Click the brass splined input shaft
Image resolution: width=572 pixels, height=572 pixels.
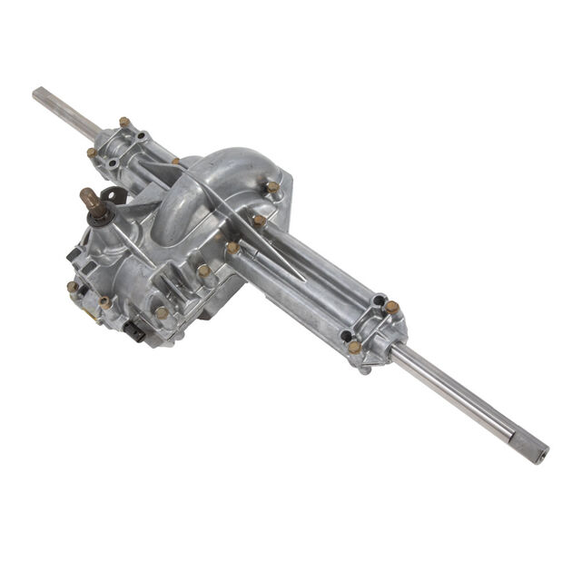(93, 199)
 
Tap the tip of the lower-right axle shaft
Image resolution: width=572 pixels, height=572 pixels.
(541, 449)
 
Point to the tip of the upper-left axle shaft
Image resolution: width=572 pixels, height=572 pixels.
(38, 94)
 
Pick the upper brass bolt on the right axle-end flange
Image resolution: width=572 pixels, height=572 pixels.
(391, 307)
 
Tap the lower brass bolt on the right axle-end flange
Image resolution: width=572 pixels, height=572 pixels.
(354, 347)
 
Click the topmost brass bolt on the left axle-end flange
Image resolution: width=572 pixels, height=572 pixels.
(124, 122)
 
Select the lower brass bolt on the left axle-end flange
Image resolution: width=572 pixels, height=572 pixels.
(92, 153)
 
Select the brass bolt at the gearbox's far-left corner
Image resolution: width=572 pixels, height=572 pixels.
(72, 287)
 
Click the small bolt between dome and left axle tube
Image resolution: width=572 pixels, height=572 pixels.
(175, 162)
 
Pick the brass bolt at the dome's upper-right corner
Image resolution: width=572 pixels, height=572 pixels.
(272, 187)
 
